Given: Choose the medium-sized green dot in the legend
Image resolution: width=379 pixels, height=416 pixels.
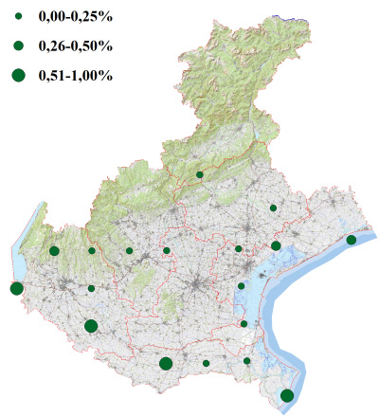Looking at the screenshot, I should tap(18, 45).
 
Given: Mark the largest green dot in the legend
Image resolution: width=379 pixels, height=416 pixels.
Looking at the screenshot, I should tap(18, 74).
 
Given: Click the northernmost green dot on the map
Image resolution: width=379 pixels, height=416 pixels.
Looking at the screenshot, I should tap(199, 175).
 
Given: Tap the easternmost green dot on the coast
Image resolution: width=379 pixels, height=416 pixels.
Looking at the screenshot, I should tap(352, 240).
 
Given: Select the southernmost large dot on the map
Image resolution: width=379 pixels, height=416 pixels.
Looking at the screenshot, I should tap(287, 395).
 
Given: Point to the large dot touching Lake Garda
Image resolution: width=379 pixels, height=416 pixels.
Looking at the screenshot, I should tap(16, 289).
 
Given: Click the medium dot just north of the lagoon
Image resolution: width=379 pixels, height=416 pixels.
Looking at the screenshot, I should tap(276, 246).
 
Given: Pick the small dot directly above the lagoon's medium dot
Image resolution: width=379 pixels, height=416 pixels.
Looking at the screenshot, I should tap(273, 208).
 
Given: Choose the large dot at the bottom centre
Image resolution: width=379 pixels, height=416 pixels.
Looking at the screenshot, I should tap(166, 363).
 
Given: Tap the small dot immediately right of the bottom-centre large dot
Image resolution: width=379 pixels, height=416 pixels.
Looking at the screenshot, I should tap(206, 363).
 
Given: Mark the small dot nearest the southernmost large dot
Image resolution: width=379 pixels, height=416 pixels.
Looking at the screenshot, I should tap(247, 360).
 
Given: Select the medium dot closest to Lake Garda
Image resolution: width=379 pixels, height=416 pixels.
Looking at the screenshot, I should tap(54, 251).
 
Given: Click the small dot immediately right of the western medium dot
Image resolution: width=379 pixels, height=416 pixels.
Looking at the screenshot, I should tap(92, 251).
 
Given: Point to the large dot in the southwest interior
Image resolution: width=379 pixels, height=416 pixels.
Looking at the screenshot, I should tap(91, 326).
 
